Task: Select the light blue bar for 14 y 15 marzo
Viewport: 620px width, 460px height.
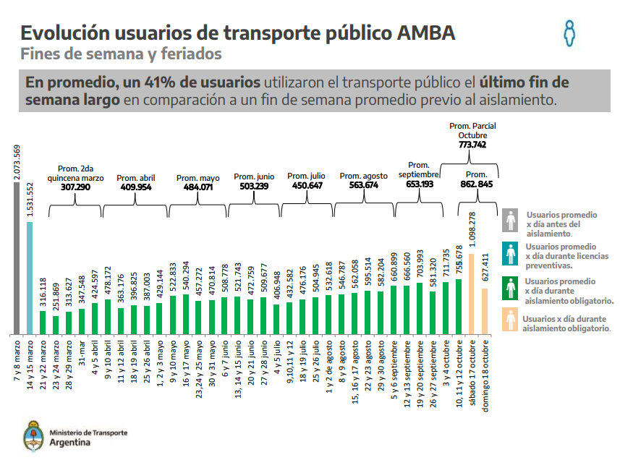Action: coord(30,278)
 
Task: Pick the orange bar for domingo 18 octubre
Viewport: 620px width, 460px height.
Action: coord(485,312)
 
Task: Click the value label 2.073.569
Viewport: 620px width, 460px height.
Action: coord(17,162)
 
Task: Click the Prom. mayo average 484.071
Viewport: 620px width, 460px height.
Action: coord(198,187)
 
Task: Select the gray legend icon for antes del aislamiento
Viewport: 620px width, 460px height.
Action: coord(511,221)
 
